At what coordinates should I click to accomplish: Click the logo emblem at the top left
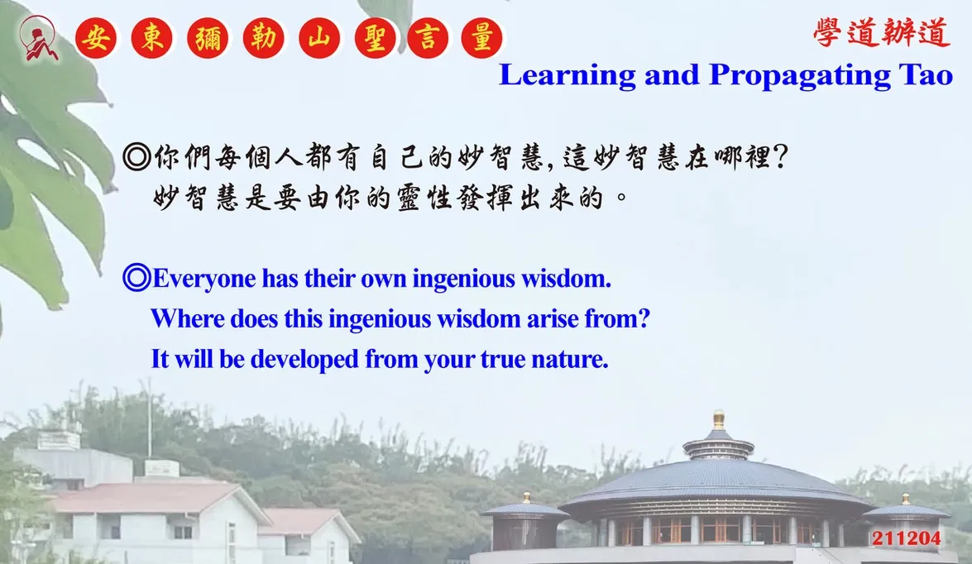38,38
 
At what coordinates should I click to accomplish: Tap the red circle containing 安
96,38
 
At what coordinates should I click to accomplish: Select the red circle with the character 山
319,38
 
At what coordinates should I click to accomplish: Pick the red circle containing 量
481,38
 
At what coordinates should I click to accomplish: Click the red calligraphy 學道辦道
882,32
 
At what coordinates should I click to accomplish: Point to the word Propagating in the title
799,76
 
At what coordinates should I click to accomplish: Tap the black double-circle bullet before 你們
136,157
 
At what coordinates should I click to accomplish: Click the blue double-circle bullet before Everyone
136,278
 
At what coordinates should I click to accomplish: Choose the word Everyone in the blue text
204,280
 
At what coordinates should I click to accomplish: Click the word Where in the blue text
188,319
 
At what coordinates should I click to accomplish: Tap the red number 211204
907,538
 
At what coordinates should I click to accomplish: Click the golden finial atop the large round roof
719,419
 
